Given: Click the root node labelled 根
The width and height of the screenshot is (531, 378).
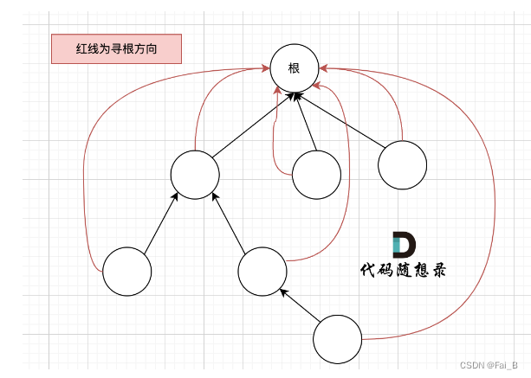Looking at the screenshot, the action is pyautogui.click(x=294, y=67).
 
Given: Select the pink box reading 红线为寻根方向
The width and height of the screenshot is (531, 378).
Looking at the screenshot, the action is pyautogui.click(x=116, y=48).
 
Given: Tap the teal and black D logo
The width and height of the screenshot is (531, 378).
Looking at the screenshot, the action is pyautogui.click(x=404, y=244).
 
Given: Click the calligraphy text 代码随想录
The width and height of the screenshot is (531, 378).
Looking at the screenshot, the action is pyautogui.click(x=404, y=270).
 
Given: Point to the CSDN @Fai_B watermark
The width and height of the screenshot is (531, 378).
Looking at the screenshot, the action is pyautogui.click(x=489, y=366).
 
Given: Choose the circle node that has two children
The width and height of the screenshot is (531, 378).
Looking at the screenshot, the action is pyautogui.click(x=195, y=174).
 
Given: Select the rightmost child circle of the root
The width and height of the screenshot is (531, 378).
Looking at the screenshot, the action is pyautogui.click(x=403, y=164).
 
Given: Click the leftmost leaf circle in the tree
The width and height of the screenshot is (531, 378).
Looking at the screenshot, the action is pyautogui.click(x=126, y=272).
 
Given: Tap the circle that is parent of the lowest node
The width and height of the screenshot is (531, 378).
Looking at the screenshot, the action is pyautogui.click(x=262, y=271).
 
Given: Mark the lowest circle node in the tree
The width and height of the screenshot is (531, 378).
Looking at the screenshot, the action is pyautogui.click(x=337, y=340).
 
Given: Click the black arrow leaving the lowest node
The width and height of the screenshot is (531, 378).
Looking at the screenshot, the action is pyautogui.click(x=300, y=305).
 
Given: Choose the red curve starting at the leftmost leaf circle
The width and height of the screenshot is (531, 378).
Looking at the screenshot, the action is pyautogui.click(x=84, y=173).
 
